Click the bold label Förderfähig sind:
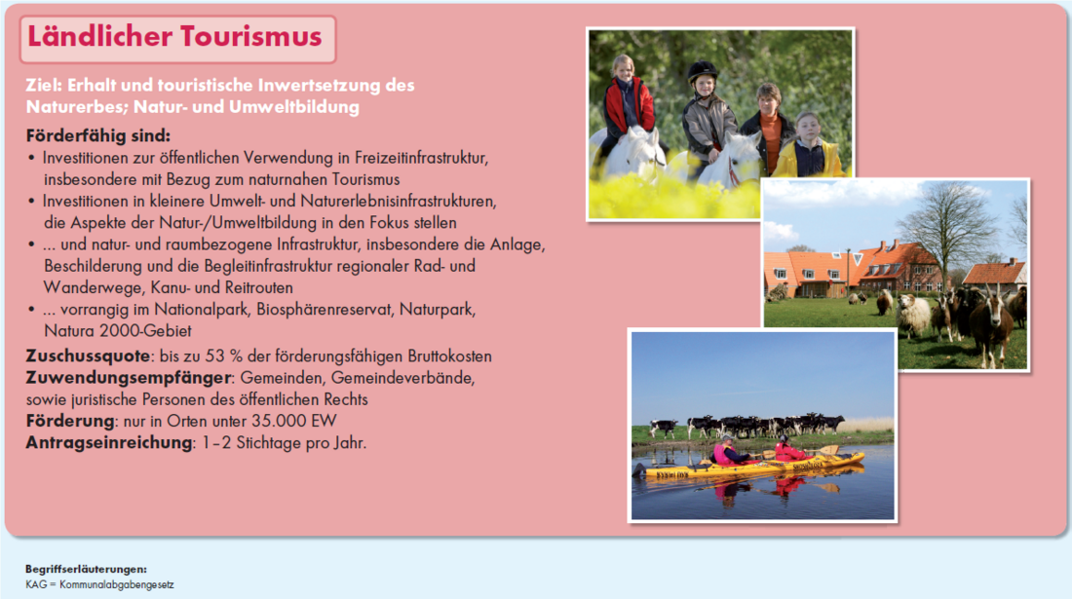97,135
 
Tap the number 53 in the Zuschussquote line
214,356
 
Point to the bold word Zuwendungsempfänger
129,378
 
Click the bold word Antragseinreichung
109,442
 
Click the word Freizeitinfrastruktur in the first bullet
421,158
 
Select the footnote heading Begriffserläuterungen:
86,569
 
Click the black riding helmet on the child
702,71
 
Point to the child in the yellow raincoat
808,146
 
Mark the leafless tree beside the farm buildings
945,232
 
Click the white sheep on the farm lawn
913,316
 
